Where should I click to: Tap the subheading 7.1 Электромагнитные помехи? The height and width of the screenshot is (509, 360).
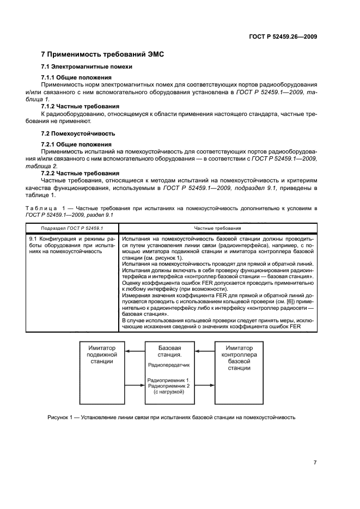click(x=87, y=67)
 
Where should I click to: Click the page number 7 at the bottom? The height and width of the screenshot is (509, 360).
click(x=315, y=462)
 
